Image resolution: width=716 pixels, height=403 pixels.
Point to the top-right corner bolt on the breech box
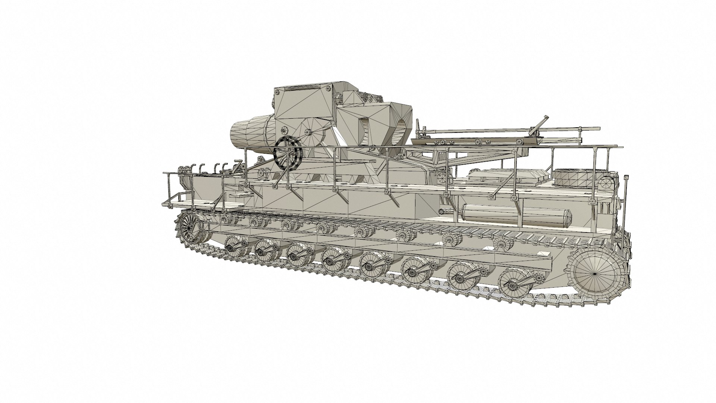tap(328, 88)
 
